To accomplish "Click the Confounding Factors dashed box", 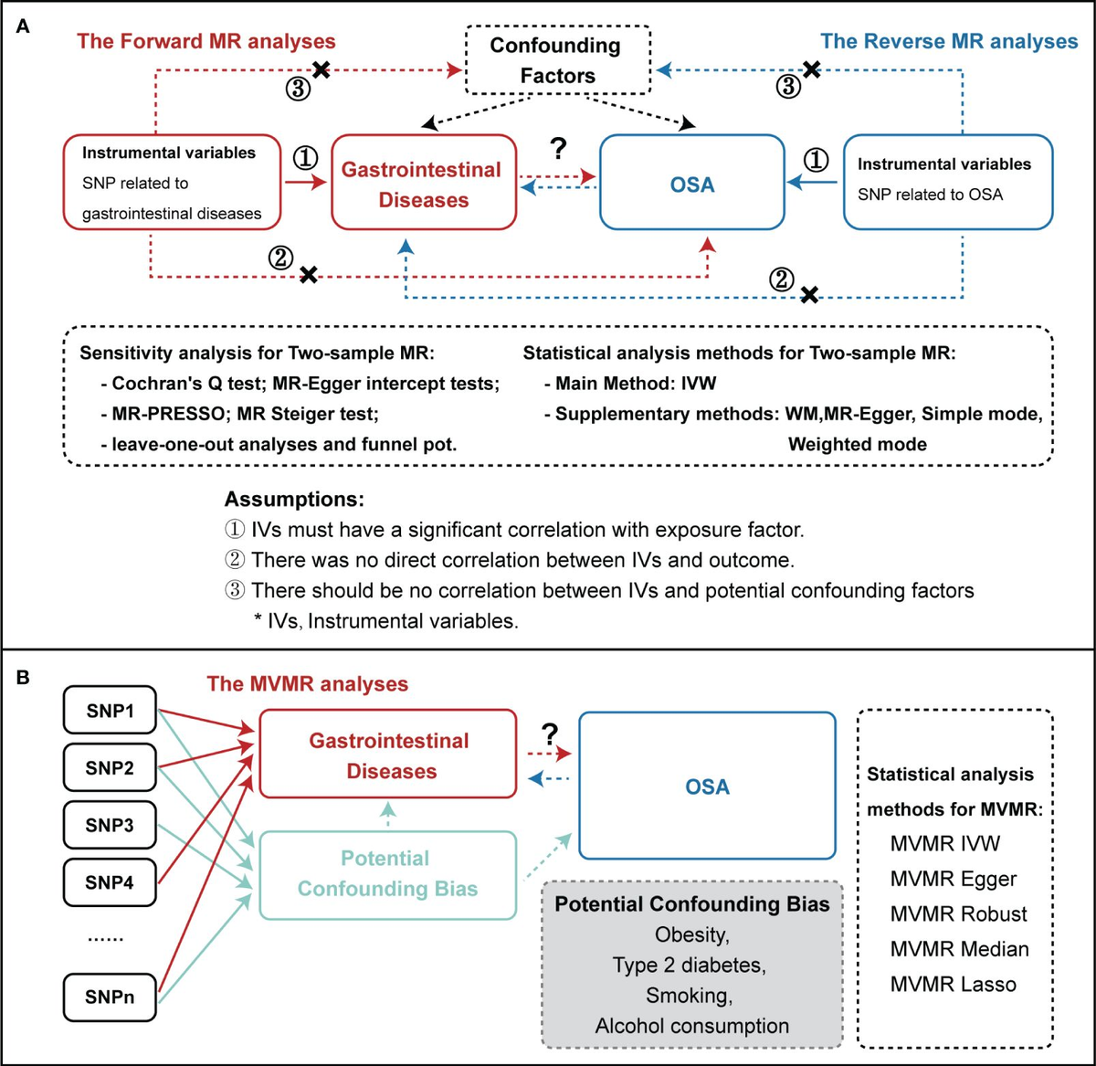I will pos(557,59).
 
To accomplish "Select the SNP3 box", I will pos(110,826).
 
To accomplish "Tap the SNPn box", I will pos(110,997).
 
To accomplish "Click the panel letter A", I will pos(24,26).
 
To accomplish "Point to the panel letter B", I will pos(24,680).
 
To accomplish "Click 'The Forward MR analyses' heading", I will pos(206,41).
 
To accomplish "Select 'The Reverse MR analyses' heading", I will pos(949,41).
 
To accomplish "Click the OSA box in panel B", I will pos(707,786).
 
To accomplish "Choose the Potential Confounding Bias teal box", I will pos(387,873).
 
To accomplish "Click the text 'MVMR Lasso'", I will pos(953,984).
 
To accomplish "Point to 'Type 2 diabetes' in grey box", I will pos(691,964).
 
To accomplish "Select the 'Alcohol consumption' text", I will pos(691,1025).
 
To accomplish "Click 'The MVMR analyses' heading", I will pos(307,684).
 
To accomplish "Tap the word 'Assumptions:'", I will pos(294,500).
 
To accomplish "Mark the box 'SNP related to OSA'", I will pos(947,180).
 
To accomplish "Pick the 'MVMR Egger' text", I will pos(953,879).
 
